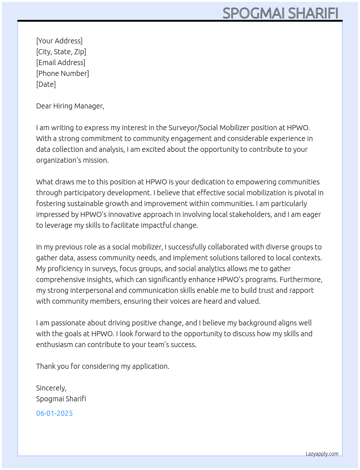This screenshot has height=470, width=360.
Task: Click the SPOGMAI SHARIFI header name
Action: point(280,13)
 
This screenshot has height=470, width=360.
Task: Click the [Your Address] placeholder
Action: point(59,41)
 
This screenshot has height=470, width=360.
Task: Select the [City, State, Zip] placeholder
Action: point(61,52)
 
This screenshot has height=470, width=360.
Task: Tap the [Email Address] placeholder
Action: point(61,63)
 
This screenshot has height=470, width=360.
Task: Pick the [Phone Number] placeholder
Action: point(63,73)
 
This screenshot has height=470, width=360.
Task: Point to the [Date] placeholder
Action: point(46,84)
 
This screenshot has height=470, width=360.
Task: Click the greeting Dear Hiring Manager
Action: point(70,106)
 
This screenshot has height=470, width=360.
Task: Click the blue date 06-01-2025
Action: point(55,413)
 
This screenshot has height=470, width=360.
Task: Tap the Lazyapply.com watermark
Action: point(322,454)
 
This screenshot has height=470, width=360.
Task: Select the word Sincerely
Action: point(51,388)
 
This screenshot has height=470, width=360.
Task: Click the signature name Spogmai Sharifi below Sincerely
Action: point(61,399)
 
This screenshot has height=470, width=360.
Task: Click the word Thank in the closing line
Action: point(46,366)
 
